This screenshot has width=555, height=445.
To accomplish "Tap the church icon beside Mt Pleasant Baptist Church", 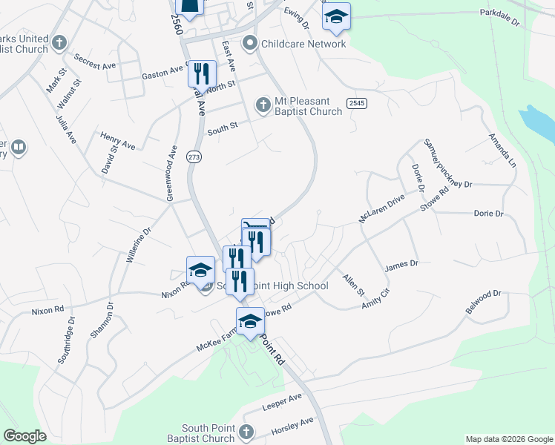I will [263, 105].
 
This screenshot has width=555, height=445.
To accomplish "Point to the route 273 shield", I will [194, 157].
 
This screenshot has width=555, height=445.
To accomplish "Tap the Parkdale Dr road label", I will [500, 13].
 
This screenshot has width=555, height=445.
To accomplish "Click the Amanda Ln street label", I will [501, 149].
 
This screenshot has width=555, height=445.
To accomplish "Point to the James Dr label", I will [402, 264].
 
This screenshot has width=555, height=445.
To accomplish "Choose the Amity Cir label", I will [375, 299].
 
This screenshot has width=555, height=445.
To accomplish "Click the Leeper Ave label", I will [283, 403].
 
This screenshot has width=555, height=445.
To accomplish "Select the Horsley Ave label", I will [294, 425].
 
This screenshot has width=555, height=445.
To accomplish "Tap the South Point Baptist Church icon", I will [246, 432].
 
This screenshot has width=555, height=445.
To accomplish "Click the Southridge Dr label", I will [65, 341].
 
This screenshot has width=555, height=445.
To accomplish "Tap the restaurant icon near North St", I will [202, 73].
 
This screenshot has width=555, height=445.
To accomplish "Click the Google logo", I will [25, 436].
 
